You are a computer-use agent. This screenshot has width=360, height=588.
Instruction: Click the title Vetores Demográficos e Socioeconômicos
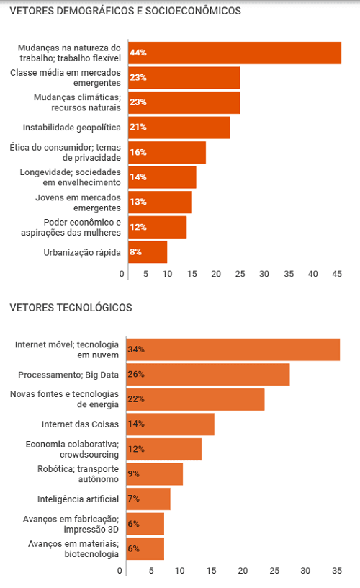125,11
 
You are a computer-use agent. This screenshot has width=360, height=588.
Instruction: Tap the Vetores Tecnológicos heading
71,308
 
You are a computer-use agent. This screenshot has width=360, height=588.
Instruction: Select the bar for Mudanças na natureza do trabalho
235,53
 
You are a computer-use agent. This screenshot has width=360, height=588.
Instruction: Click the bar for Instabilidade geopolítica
179,128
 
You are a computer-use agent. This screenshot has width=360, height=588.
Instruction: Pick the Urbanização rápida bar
148,252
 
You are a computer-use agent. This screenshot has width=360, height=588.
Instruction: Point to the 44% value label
138,53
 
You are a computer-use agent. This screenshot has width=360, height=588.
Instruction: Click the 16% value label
138,152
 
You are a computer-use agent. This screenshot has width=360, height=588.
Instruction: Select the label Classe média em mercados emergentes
66,78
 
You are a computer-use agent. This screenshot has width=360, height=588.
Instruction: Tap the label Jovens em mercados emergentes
78,202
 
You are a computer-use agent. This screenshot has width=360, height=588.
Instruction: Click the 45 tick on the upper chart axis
337,274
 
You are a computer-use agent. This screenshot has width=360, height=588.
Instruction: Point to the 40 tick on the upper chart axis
312,274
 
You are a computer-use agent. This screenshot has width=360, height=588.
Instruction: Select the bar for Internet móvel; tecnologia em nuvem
233,349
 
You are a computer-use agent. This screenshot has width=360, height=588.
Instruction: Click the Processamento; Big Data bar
208,374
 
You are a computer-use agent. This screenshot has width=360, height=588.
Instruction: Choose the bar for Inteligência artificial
148,499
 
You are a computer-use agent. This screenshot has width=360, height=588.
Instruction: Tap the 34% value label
136,349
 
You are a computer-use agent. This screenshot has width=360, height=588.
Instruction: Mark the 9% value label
133,474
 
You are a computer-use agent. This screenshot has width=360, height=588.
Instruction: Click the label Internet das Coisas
80,424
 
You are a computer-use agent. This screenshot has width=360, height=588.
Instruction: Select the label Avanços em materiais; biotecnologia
73,549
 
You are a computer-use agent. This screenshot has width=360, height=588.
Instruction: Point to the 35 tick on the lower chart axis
337,571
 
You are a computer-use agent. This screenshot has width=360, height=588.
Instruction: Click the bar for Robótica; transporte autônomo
155,474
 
